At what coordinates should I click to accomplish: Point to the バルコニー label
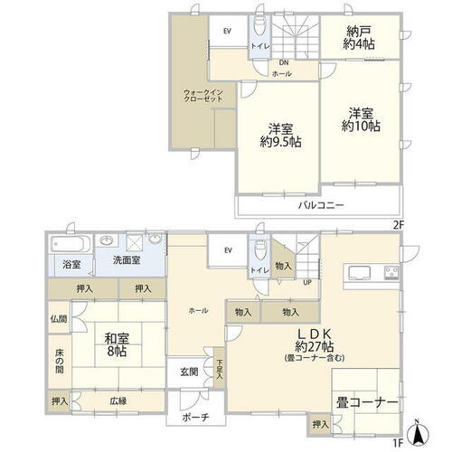(321, 206)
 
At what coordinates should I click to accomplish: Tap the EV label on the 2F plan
(227, 30)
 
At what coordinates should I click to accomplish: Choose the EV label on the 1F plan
(227, 250)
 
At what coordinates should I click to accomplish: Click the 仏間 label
(59, 319)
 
